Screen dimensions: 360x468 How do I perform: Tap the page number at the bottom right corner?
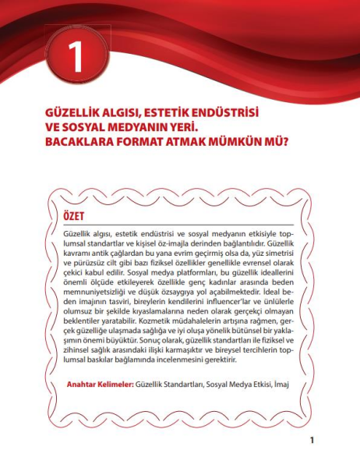tap(312, 441)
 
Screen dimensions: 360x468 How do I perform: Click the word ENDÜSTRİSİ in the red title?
tap(214, 113)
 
